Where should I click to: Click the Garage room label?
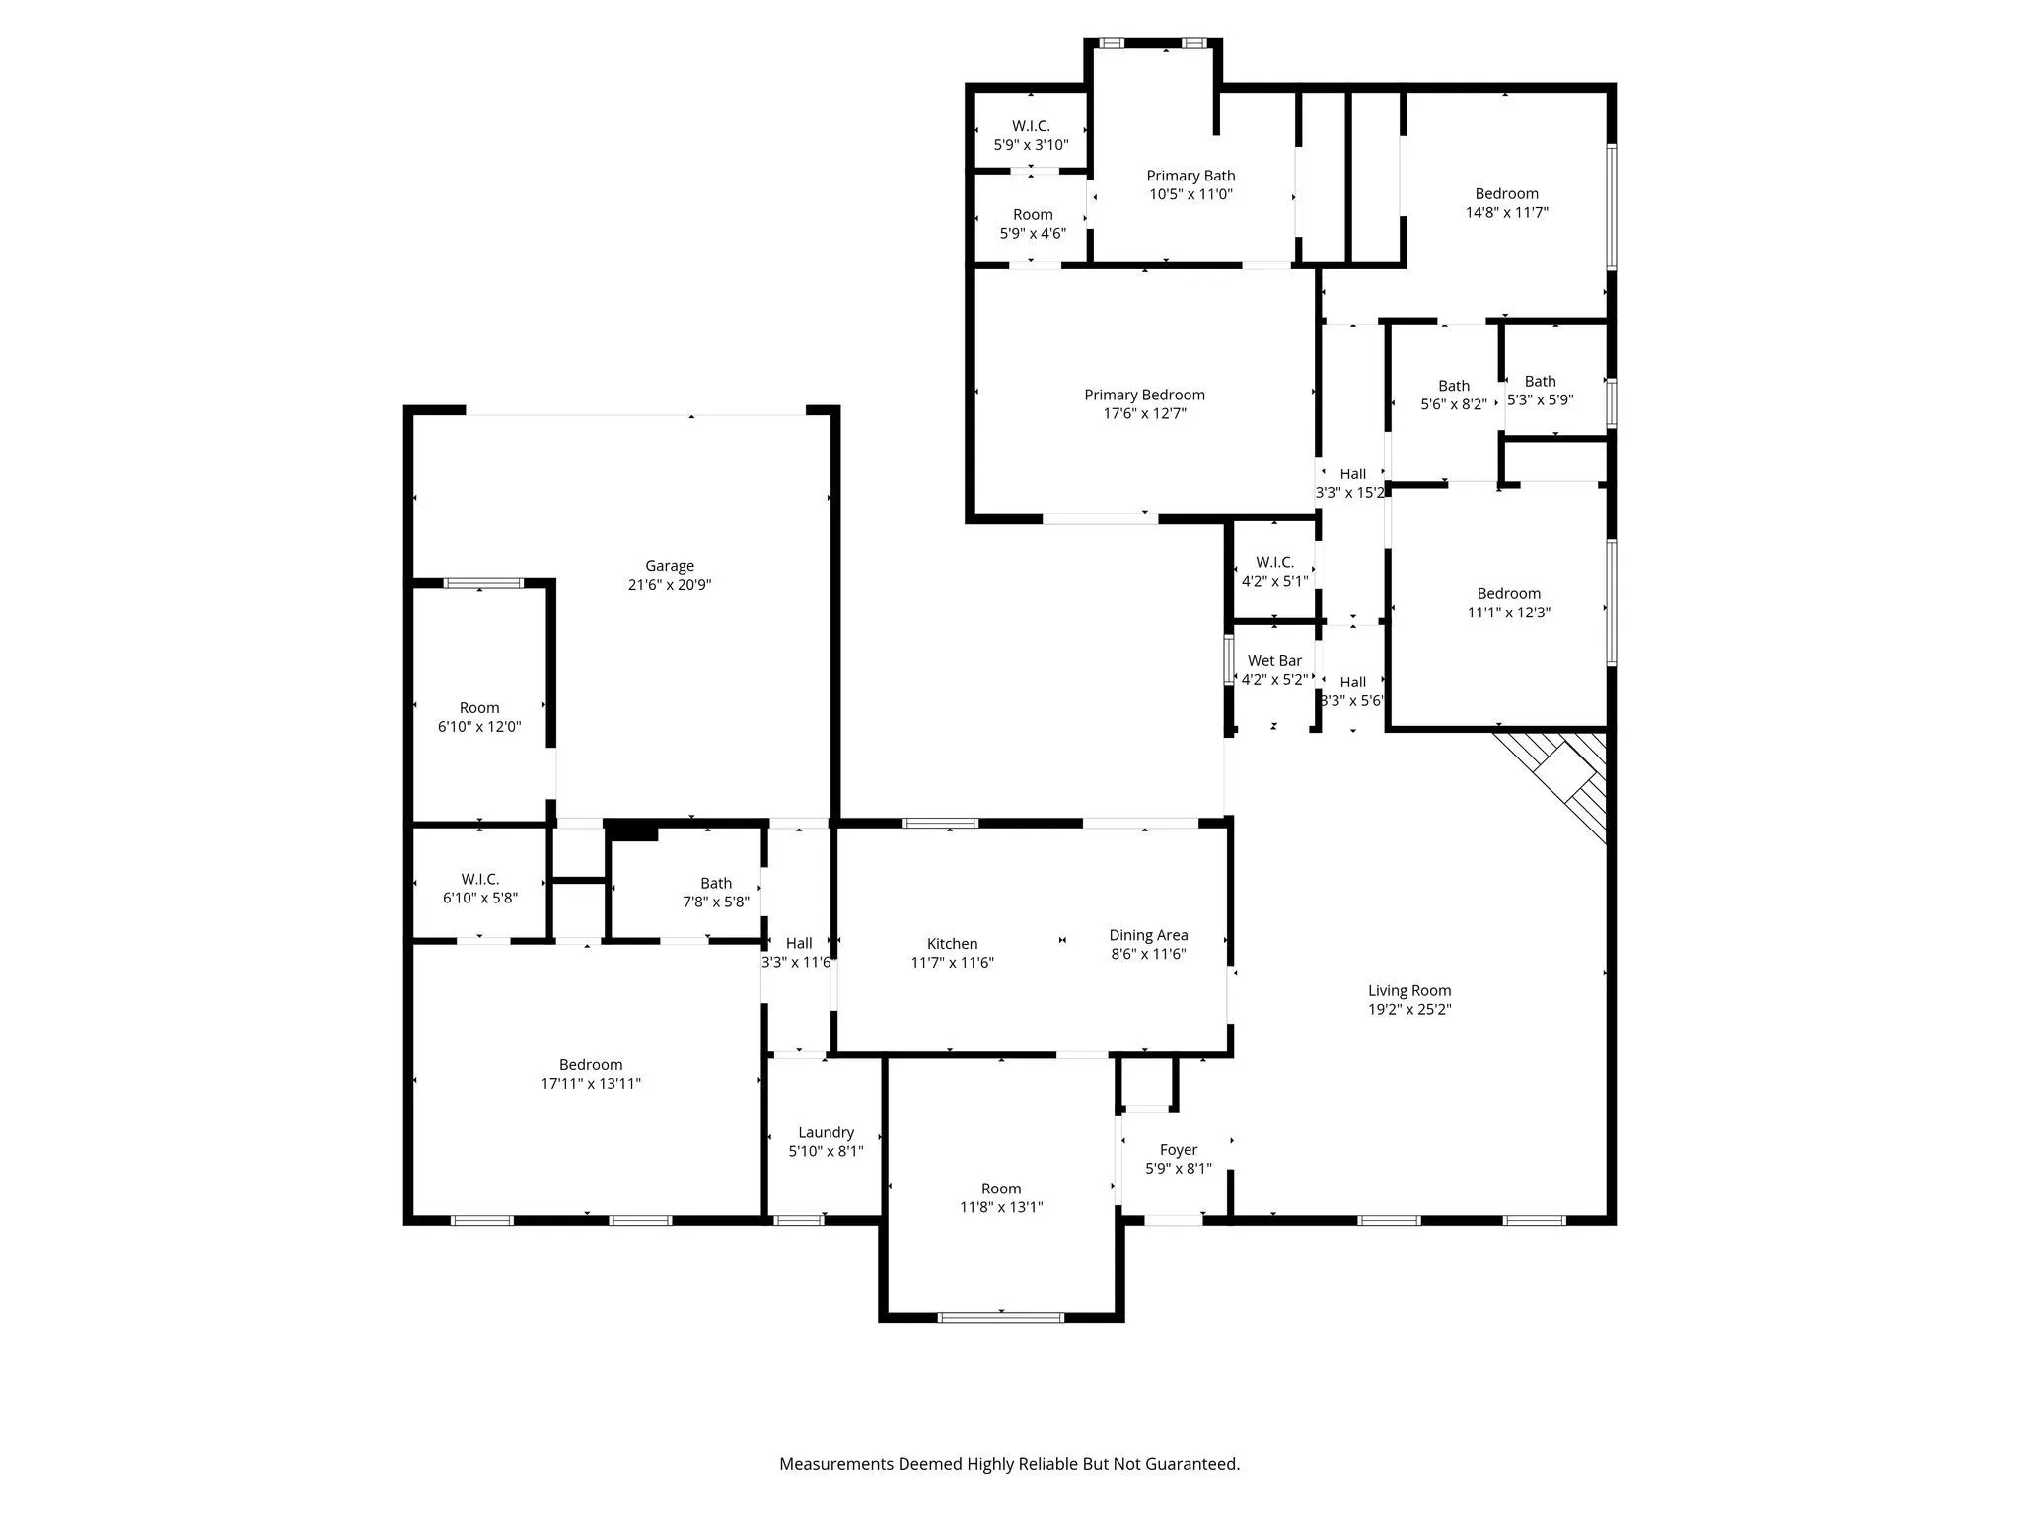[x=669, y=566]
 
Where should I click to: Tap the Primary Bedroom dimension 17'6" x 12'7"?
[x=1144, y=413]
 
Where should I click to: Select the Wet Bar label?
[x=1274, y=661]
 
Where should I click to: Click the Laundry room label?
[x=826, y=1133]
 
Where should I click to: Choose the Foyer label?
[x=1178, y=1150]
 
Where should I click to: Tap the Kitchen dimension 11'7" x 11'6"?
[x=952, y=963]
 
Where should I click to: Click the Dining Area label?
[x=1148, y=935]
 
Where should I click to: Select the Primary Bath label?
[x=1190, y=176]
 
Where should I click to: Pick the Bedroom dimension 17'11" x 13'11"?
[x=591, y=1084]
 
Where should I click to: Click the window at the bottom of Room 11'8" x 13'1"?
[x=1000, y=1317]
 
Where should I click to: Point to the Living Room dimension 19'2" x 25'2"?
[x=1408, y=1010]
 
